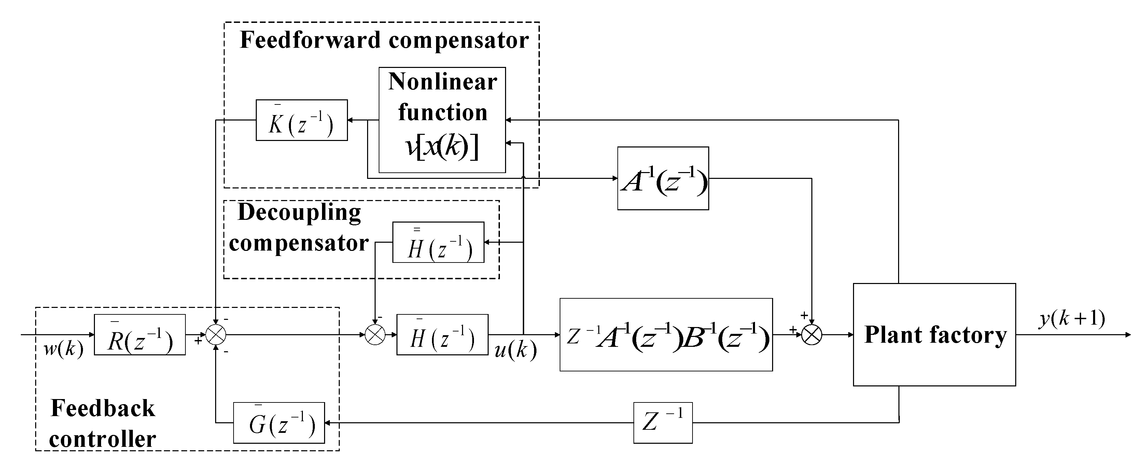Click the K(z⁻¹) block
coord(301,120)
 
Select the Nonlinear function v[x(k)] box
coord(442,120)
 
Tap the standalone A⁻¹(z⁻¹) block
coord(663,179)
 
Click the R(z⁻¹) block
coord(140,335)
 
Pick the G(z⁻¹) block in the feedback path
coord(279,423)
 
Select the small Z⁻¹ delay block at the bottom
coord(663,423)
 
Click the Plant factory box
coord(934,335)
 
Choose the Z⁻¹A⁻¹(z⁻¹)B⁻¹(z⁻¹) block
coord(666,335)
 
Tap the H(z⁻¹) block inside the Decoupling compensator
coord(438,242)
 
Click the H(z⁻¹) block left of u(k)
coord(442,335)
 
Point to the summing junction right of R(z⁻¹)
coord(216,335)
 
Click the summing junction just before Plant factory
coord(811,335)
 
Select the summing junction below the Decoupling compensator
coord(375,335)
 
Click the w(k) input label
coord(63,350)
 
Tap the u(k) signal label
coord(516,351)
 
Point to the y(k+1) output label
coord(1072,318)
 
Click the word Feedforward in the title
coord(310,40)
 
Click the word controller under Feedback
coord(102,439)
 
